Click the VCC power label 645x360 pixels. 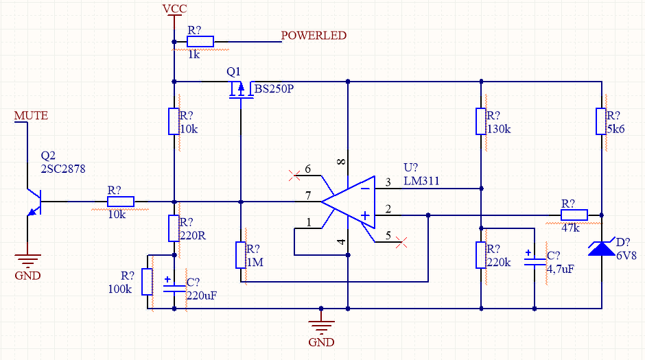174,9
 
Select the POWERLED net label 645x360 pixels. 314,36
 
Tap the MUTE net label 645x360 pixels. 32,115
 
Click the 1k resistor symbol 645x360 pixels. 200,42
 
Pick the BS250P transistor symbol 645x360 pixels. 241,90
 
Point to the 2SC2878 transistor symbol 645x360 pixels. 34,202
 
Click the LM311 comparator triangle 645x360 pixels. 348,202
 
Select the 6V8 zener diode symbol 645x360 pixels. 601,248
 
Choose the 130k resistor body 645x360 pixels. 481,121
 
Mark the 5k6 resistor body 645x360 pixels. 601,121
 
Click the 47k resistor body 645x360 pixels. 574,215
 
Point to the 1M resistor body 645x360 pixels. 241,255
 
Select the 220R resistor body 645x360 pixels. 174,228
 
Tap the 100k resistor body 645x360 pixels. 148,282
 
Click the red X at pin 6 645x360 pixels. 294,176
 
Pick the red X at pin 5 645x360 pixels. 401,242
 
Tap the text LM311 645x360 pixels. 421,181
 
